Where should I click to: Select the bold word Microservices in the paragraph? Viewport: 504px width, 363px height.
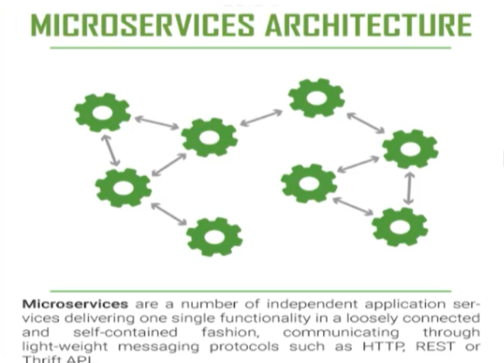(x=75, y=303)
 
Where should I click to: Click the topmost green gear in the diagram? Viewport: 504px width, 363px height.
(x=316, y=97)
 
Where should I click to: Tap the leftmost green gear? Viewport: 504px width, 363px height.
(x=103, y=112)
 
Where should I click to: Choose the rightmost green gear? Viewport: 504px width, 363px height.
(x=410, y=149)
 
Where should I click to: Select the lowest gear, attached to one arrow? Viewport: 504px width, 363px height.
(x=214, y=236)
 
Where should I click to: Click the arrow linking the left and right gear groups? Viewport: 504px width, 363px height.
(x=262, y=117)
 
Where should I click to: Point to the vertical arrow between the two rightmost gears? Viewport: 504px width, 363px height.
(x=409, y=188)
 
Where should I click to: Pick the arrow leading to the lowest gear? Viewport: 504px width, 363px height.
(x=168, y=213)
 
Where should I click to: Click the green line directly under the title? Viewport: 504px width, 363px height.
(x=251, y=48)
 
